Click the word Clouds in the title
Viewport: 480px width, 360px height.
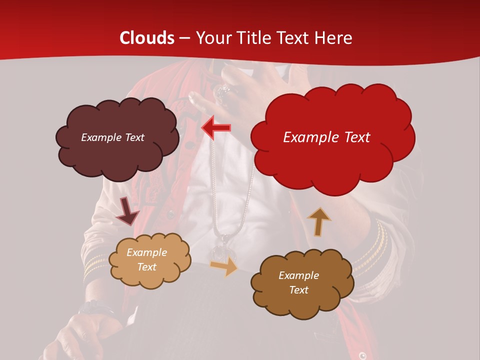[x=147, y=38]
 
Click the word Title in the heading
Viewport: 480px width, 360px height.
[x=252, y=38]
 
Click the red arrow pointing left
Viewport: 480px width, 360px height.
[x=216, y=128]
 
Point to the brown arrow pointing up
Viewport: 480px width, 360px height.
[x=318, y=221]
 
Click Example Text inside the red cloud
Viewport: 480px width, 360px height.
[x=326, y=137]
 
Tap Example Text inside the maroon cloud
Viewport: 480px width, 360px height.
[x=112, y=137]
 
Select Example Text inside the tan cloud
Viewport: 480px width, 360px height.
[x=147, y=259]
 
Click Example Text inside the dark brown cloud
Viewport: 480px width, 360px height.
[x=299, y=282]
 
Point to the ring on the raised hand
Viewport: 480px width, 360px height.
[x=221, y=93]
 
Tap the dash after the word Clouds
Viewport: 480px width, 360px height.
[x=184, y=38]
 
